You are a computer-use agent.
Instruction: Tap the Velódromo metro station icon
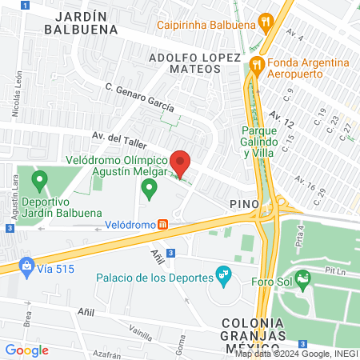coord(162,225)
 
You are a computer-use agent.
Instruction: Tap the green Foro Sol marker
coord(302,279)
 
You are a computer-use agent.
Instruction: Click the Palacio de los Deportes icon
coord(223,277)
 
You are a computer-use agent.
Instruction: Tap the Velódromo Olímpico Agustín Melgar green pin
coord(148,190)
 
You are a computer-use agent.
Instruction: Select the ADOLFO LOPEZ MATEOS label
coord(194,66)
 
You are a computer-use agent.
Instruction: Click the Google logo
coord(26,350)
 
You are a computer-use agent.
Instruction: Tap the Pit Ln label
coord(333,271)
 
